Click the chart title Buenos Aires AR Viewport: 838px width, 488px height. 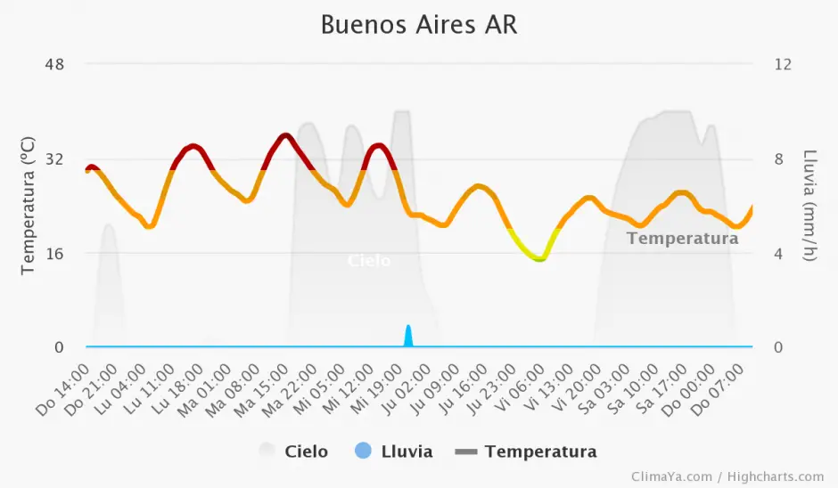click(x=418, y=25)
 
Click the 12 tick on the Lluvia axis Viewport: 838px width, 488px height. click(x=783, y=64)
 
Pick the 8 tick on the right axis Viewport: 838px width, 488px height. click(x=778, y=159)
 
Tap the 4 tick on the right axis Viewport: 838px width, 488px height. click(x=778, y=253)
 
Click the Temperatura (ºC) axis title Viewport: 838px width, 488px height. click(x=28, y=206)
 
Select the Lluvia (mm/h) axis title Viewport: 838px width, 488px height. click(x=809, y=206)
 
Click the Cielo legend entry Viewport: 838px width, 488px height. click(x=294, y=451)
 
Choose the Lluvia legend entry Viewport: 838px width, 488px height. click(x=393, y=451)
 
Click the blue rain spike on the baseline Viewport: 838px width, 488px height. click(x=408, y=336)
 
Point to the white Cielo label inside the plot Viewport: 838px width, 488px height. click(x=368, y=261)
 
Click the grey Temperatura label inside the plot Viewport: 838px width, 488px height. click(x=682, y=238)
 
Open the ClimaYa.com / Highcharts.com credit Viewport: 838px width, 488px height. click(x=727, y=477)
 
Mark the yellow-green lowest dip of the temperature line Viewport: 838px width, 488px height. click(x=539, y=258)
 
